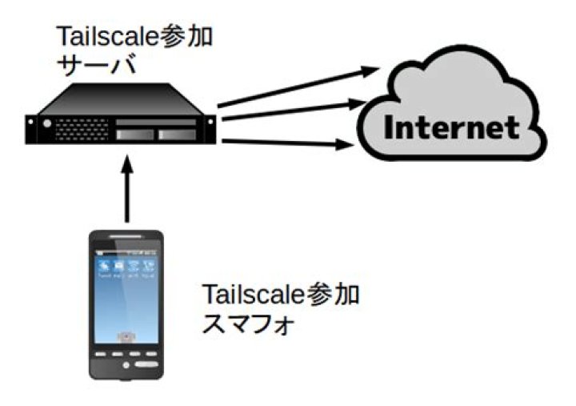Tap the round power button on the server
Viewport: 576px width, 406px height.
click(x=46, y=124)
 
